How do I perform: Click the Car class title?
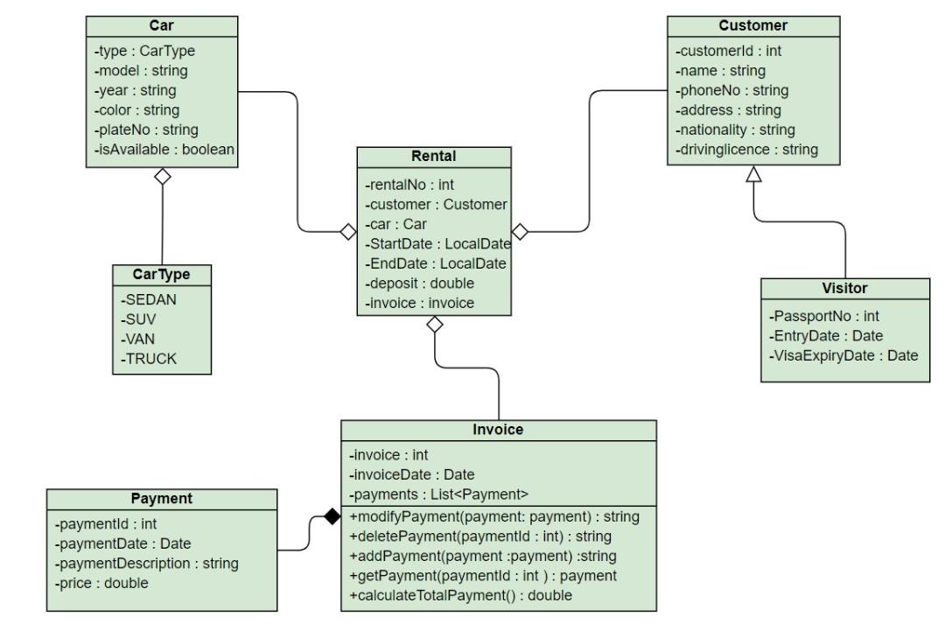(162, 25)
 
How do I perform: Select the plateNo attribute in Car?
(146, 130)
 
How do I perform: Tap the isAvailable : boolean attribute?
(164, 149)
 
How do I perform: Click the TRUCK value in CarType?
(149, 359)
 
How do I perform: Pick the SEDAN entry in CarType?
(148, 299)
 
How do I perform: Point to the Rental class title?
(434, 156)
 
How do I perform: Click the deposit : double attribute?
(419, 284)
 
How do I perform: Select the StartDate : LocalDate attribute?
(438, 243)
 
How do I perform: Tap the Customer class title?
(752, 25)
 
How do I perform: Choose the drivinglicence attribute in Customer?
(746, 150)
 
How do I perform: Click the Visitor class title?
(844, 288)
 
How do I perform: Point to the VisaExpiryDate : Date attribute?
(843, 355)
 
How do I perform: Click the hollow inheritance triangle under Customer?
(753, 174)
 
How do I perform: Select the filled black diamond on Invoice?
(332, 516)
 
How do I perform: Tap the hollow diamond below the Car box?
(163, 177)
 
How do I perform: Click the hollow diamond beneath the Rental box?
(435, 325)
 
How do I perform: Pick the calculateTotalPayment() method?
(461, 596)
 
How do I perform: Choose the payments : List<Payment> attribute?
(438, 494)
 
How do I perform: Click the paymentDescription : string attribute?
(146, 564)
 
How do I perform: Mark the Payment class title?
(162, 499)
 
